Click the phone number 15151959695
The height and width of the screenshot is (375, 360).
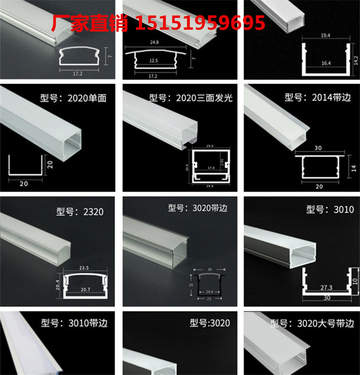pyautogui.click(x=200, y=23)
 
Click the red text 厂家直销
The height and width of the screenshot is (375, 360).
pyautogui.click(x=89, y=23)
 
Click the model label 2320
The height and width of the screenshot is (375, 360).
pyautogui.click(x=79, y=212)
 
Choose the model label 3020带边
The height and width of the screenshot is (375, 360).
pyautogui.click(x=198, y=208)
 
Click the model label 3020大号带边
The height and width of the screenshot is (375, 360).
pyautogui.click(x=312, y=324)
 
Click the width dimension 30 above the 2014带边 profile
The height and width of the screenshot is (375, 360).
pyautogui.click(x=319, y=148)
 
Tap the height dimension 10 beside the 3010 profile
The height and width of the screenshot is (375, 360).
pyautogui.click(x=356, y=282)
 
